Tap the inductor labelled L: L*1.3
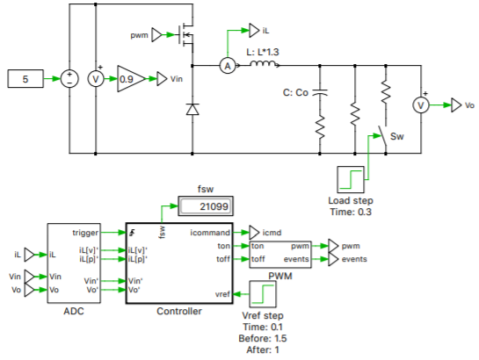267,65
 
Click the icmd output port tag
253,233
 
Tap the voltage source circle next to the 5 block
68,79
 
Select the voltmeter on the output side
420,104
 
